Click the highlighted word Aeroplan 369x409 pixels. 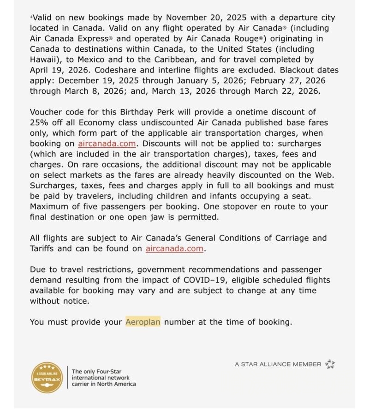pyautogui.click(x=143, y=322)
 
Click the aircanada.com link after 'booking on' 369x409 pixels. pyautogui.click(x=107, y=144)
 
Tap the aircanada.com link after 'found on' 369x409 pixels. pyautogui.click(x=174, y=248)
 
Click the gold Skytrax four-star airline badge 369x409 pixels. pyautogui.click(x=46, y=377)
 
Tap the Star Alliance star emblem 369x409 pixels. pyautogui.click(x=330, y=364)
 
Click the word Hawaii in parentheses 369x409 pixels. pyautogui.click(x=45, y=60)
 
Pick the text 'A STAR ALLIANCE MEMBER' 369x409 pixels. pyautogui.click(x=278, y=364)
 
